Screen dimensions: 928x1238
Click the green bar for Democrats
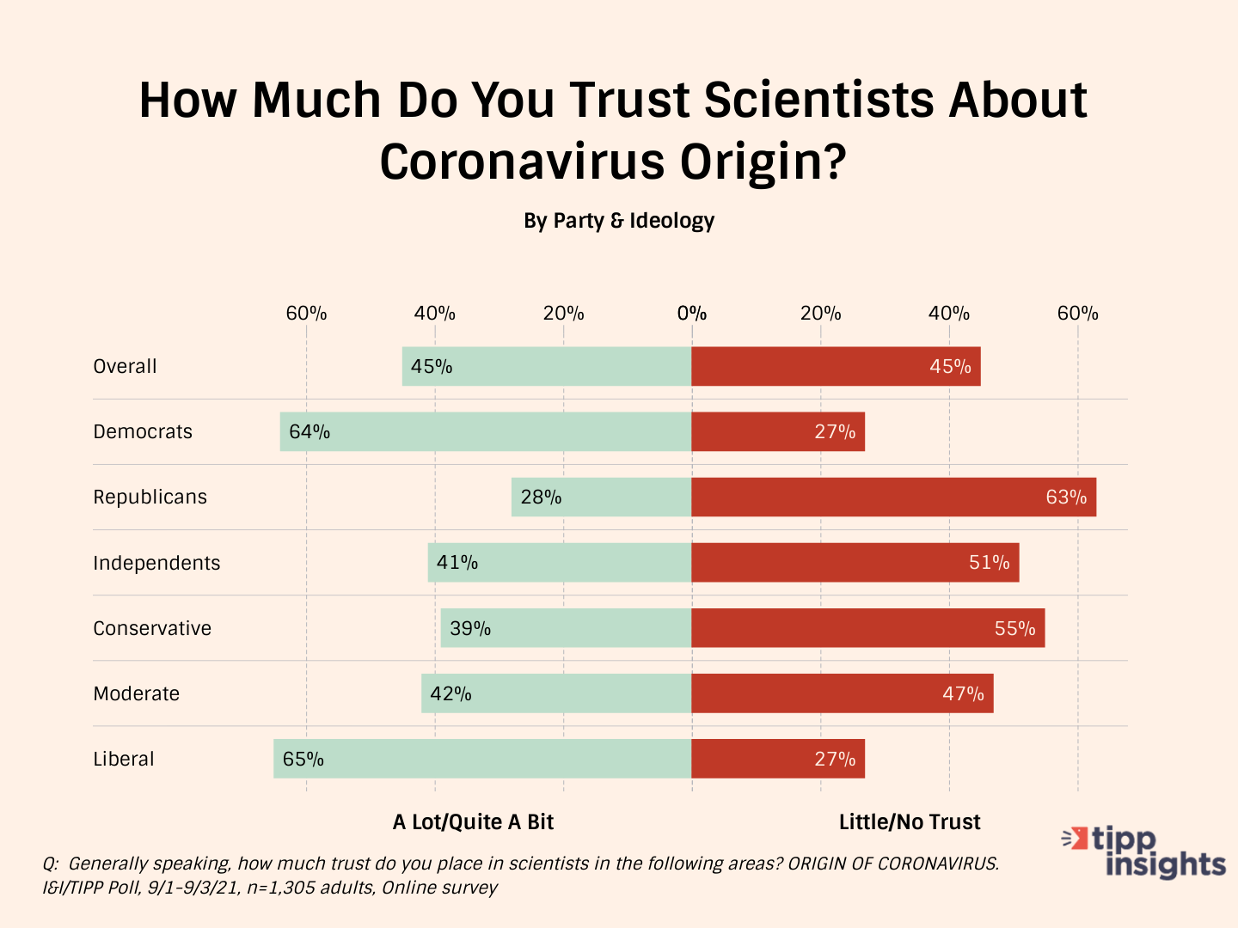point(486,431)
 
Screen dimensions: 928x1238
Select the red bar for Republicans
point(894,497)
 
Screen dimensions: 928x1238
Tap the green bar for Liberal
point(482,759)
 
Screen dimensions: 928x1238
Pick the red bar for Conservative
point(868,628)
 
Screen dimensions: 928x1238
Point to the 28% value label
point(541,498)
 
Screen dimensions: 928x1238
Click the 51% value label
point(989,563)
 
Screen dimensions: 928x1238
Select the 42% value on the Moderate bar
point(450,693)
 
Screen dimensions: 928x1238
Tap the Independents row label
point(156,563)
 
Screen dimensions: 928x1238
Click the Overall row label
point(125,366)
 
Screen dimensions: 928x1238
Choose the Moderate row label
point(136,693)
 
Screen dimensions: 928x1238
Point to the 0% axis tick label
point(691,313)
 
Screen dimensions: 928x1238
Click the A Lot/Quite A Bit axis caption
point(473,822)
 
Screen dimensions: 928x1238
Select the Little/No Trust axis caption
point(910,822)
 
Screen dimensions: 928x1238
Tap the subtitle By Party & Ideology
point(619,221)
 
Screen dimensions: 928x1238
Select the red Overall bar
point(836,366)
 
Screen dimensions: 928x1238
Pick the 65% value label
point(303,760)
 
